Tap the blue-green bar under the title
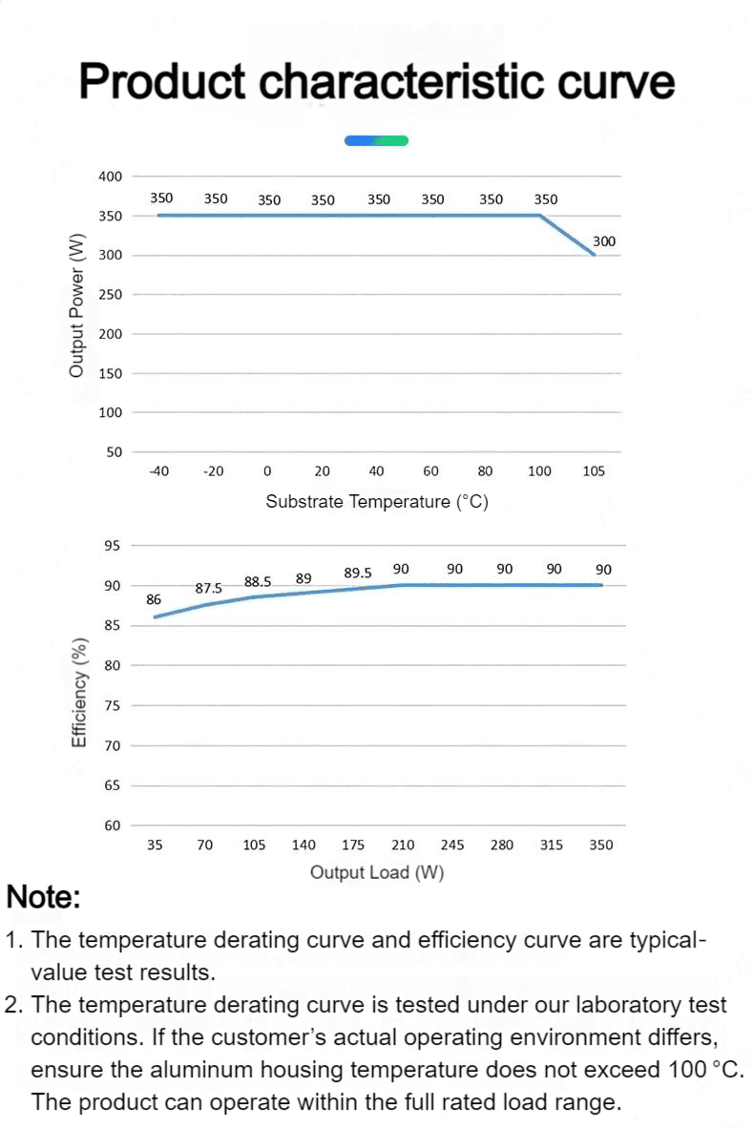pos(376,141)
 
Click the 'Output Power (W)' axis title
pos(76,304)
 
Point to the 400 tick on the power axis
pos(111,177)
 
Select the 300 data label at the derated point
pos(604,241)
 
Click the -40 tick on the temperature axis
pos(158,471)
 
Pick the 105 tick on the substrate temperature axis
pos(594,471)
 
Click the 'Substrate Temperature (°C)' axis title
pos(377,502)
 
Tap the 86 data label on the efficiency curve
pos(154,599)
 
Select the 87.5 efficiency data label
pos(208,588)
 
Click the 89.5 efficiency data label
pos(357,573)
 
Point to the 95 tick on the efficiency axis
pos(112,546)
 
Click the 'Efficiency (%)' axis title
pos(79,693)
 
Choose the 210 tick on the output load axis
pos(403,845)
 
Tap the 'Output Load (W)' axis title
pos(377,872)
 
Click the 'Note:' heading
pos(43,897)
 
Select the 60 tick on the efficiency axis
pos(112,825)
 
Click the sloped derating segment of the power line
pos(567,235)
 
